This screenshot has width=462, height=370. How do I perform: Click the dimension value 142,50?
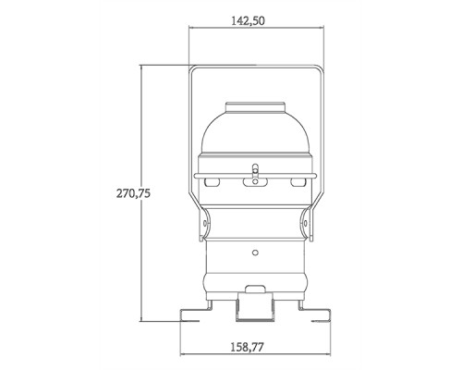[254, 19]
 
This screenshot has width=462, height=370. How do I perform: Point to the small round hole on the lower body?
[254, 251]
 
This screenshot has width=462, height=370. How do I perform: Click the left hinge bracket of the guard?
[205, 226]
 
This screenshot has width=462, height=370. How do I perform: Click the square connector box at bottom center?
[254, 302]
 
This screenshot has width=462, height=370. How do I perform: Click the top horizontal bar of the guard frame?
[254, 67]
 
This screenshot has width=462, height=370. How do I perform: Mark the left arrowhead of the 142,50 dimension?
[192, 31]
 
